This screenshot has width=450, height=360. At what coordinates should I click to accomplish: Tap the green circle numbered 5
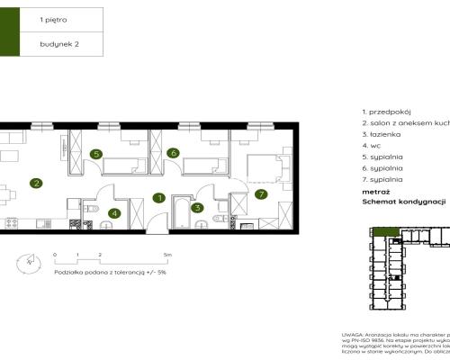click(96, 154)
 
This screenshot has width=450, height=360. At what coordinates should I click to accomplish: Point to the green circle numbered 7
click(262, 193)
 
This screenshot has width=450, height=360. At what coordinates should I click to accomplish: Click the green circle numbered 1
click(158, 198)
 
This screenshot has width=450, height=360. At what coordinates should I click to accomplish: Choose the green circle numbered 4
click(113, 213)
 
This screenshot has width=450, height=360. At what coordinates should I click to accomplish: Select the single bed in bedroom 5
click(123, 165)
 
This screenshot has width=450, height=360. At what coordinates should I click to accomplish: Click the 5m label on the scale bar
click(168, 256)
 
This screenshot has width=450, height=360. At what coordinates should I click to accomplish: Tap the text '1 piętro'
click(53, 18)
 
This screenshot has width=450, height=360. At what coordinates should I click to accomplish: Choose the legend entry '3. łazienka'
click(382, 133)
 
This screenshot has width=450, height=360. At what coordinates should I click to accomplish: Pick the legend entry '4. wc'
click(372, 145)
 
